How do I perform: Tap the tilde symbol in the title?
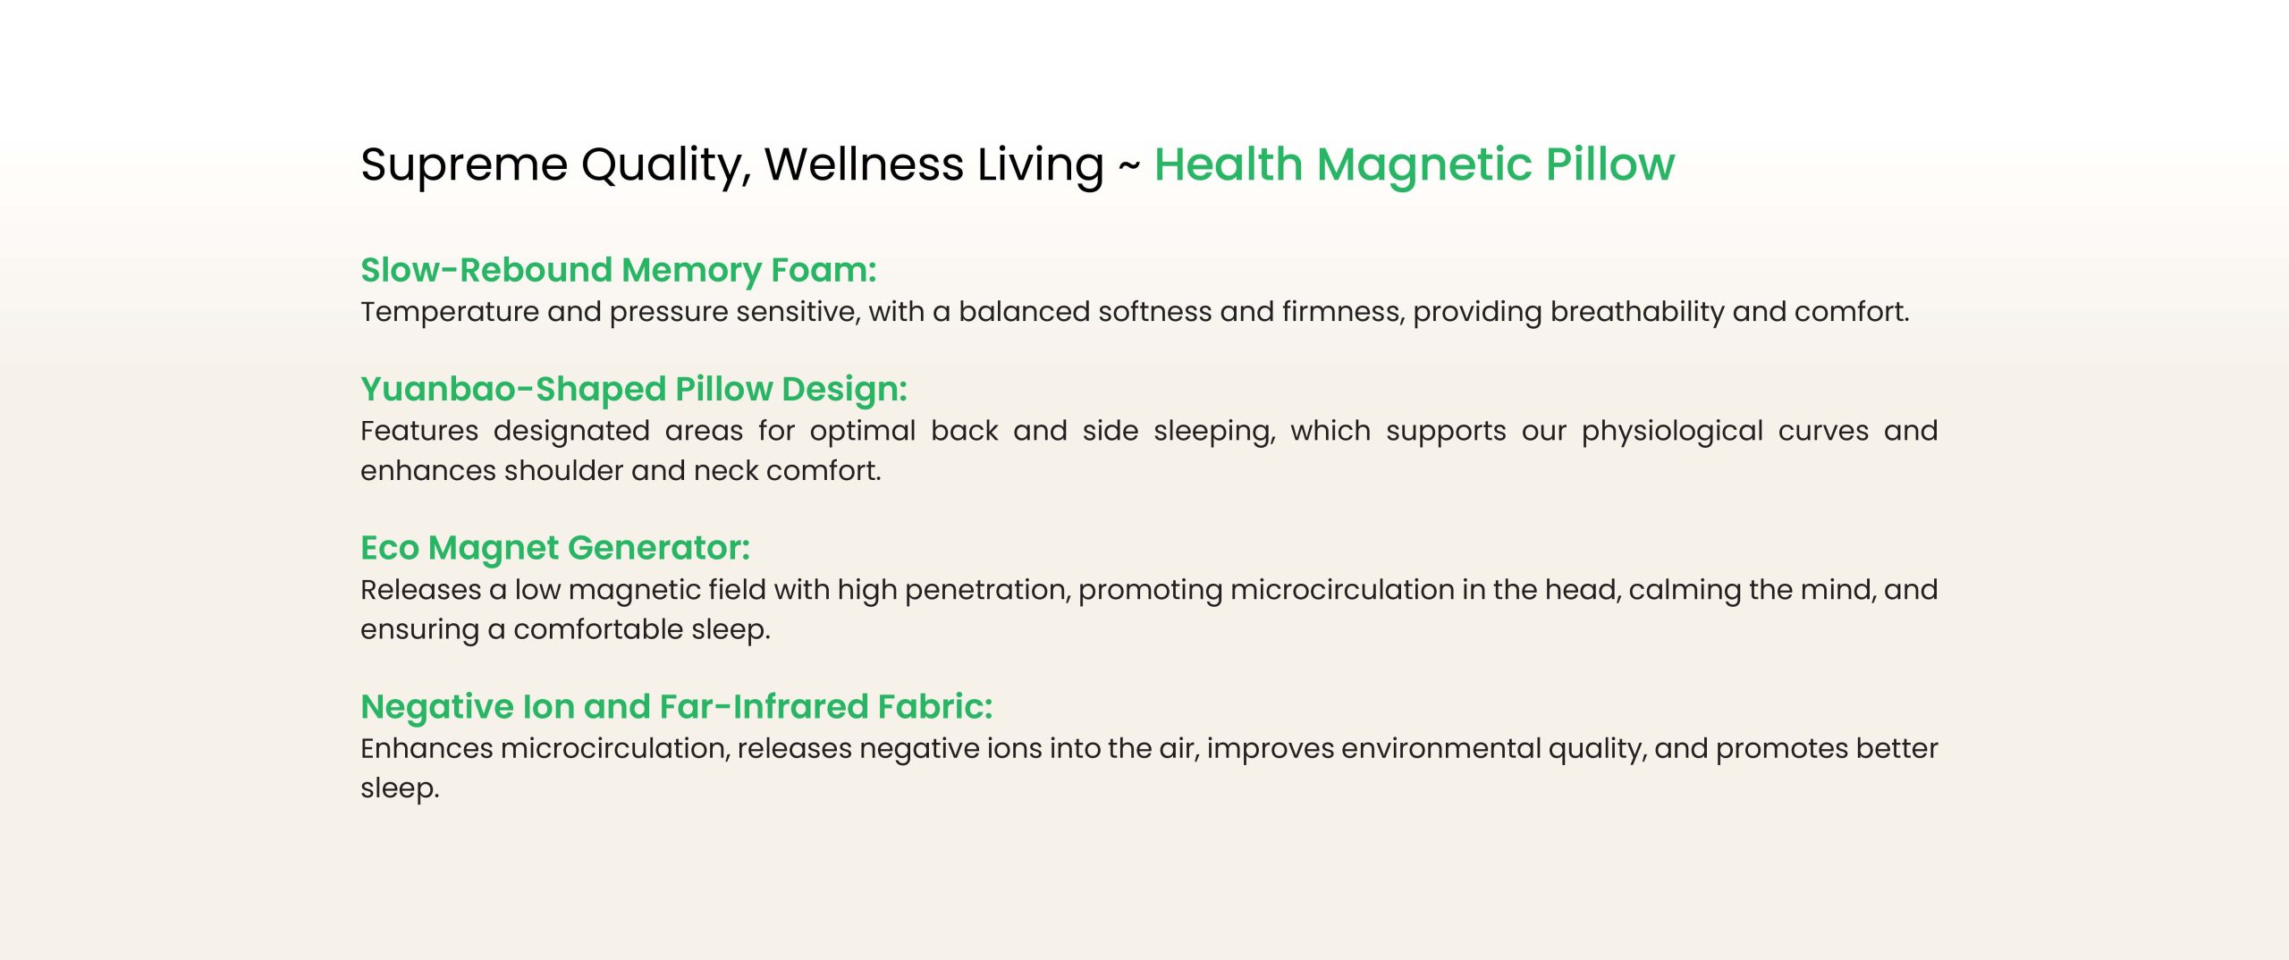pyautogui.click(x=1128, y=165)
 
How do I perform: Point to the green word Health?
pyautogui.click(x=1228, y=164)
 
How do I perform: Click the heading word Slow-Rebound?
pyautogui.click(x=486, y=270)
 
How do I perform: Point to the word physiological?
pyautogui.click(x=1672, y=432)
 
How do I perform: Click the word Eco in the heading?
pyautogui.click(x=390, y=548)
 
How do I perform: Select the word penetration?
pyautogui.click(x=988, y=591)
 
